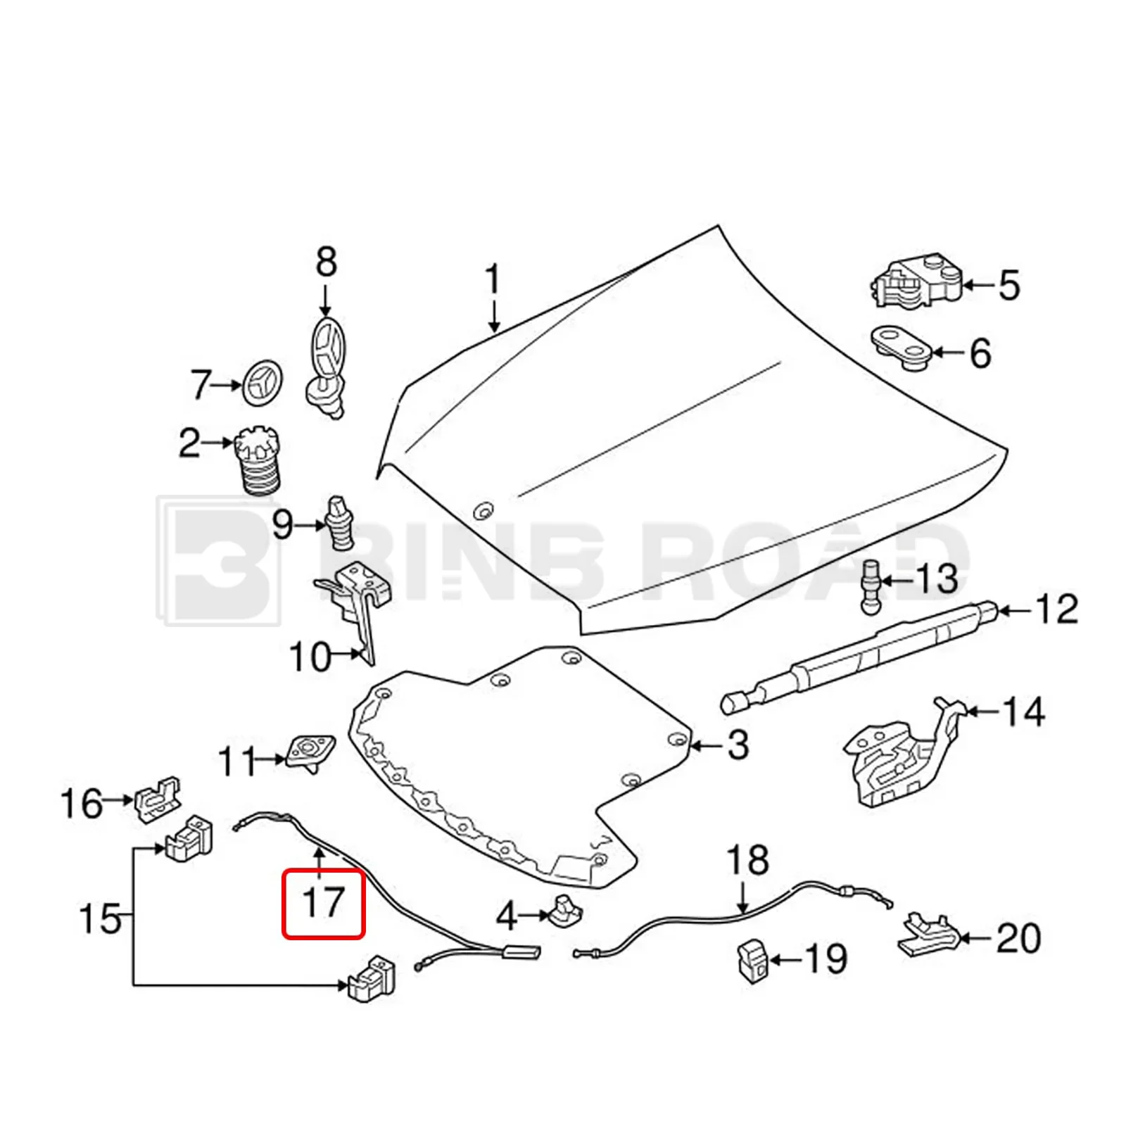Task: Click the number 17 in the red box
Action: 323,903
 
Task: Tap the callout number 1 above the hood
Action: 493,279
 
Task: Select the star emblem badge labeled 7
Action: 262,384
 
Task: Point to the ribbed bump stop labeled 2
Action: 258,460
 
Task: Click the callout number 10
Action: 310,657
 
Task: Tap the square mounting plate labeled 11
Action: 310,752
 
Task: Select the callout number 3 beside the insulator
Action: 737,745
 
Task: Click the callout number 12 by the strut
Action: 1056,609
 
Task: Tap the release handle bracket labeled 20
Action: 928,936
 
